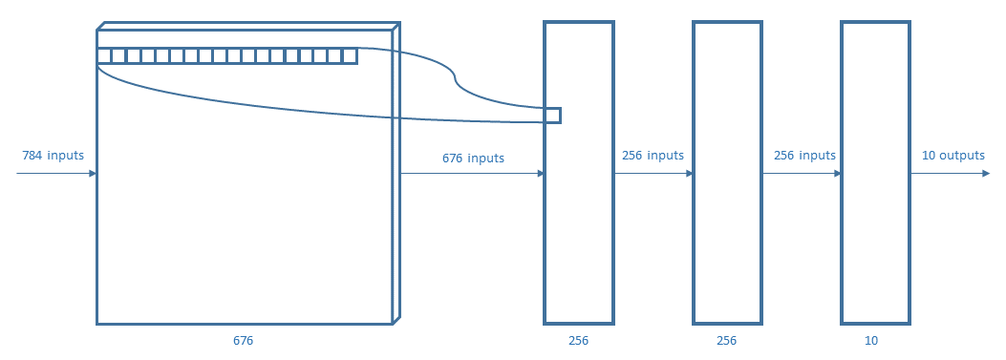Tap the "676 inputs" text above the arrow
pyautogui.click(x=473, y=158)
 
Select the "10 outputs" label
pyautogui.click(x=952, y=156)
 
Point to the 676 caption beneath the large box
pyautogui.click(x=244, y=340)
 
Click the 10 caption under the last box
pyautogui.click(x=870, y=340)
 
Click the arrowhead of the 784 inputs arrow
pyautogui.click(x=93, y=174)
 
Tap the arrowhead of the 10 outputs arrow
pyautogui.click(x=986, y=174)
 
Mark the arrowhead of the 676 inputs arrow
pyautogui.click(x=540, y=174)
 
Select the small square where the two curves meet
pyautogui.click(x=553, y=116)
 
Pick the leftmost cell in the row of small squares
pyautogui.click(x=104, y=56)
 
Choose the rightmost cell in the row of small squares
pyautogui.click(x=350, y=56)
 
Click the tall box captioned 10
pyautogui.click(x=875, y=172)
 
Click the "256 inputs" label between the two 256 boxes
pyautogui.click(x=653, y=156)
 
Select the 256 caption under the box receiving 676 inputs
pyautogui.click(x=578, y=340)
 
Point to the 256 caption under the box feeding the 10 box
pyautogui.click(x=726, y=340)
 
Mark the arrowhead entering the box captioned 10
pyautogui.click(x=837, y=174)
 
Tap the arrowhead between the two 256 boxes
pyautogui.click(x=689, y=174)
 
